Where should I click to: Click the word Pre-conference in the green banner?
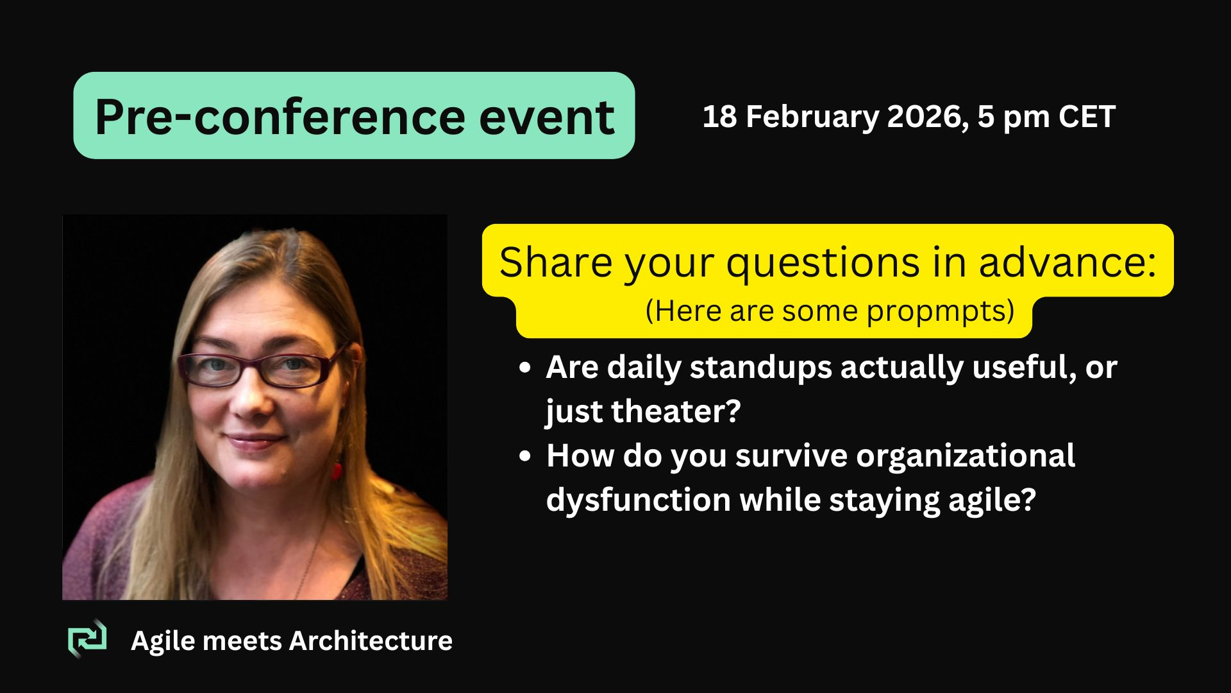280,117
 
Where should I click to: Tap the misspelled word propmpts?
941,312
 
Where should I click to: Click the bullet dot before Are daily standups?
525,369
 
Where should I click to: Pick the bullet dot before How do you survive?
525,457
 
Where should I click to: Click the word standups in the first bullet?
761,368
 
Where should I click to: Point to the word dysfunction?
639,500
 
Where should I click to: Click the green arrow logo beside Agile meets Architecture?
87,638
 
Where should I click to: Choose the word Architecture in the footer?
371,640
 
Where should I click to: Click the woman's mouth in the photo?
255,441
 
